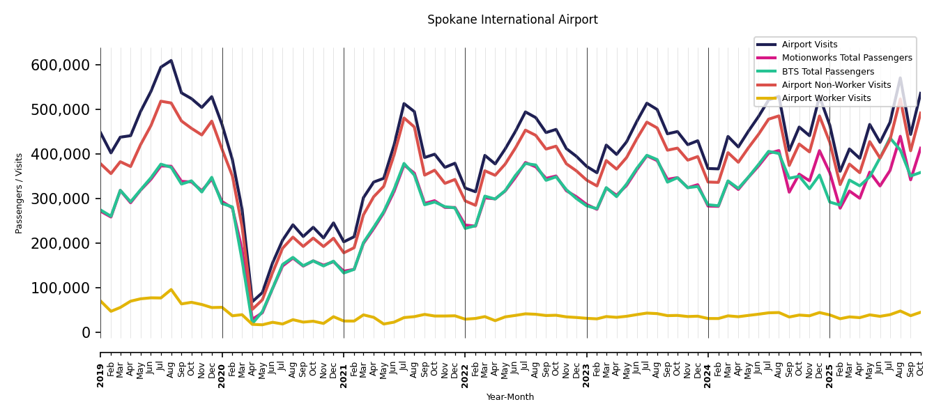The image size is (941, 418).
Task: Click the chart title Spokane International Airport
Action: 512,20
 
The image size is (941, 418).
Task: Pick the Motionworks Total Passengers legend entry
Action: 846,58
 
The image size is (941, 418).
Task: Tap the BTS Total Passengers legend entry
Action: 827,72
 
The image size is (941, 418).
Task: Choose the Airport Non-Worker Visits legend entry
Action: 836,85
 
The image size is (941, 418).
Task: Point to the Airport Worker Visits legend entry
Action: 826,98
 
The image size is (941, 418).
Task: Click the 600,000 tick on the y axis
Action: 61,65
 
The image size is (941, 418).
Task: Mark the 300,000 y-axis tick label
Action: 61,199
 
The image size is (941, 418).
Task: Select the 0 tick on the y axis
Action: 86,332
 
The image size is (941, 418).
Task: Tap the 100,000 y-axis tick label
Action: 61,288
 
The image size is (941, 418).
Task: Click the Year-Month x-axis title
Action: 510,397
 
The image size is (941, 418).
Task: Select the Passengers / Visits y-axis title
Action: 20,193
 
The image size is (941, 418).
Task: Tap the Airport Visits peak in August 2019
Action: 171,61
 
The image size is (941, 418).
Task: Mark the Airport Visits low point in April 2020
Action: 252,302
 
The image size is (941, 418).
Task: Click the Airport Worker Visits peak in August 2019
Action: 171,290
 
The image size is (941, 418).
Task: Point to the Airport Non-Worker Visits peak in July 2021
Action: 404,118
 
